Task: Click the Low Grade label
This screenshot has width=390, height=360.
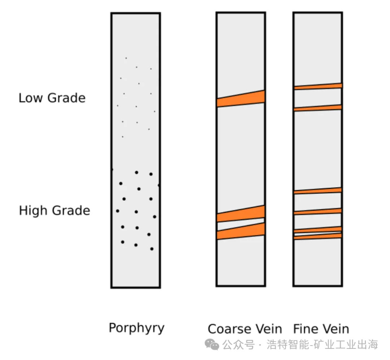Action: pyautogui.click(x=52, y=98)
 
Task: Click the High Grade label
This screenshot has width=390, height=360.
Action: pyautogui.click(x=54, y=211)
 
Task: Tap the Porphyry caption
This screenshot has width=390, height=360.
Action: pyautogui.click(x=136, y=328)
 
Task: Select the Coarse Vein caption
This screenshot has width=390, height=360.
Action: pyautogui.click(x=244, y=329)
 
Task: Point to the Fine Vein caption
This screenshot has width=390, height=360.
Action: pyautogui.click(x=321, y=329)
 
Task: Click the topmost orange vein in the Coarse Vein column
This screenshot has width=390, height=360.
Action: pyautogui.click(x=241, y=99)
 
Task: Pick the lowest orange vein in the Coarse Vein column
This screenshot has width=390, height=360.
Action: pyautogui.click(x=241, y=231)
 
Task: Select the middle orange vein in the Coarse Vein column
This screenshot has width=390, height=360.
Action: pyautogui.click(x=241, y=214)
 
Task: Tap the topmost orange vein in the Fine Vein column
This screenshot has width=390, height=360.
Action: pyautogui.click(x=318, y=87)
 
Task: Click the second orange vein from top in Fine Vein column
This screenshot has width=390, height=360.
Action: pyautogui.click(x=318, y=108)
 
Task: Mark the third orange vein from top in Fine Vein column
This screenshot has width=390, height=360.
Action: pyautogui.click(x=318, y=191)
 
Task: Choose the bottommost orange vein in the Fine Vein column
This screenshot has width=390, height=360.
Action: pyautogui.click(x=318, y=236)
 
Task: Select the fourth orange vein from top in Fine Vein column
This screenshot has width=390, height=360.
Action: pyautogui.click(x=318, y=212)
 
